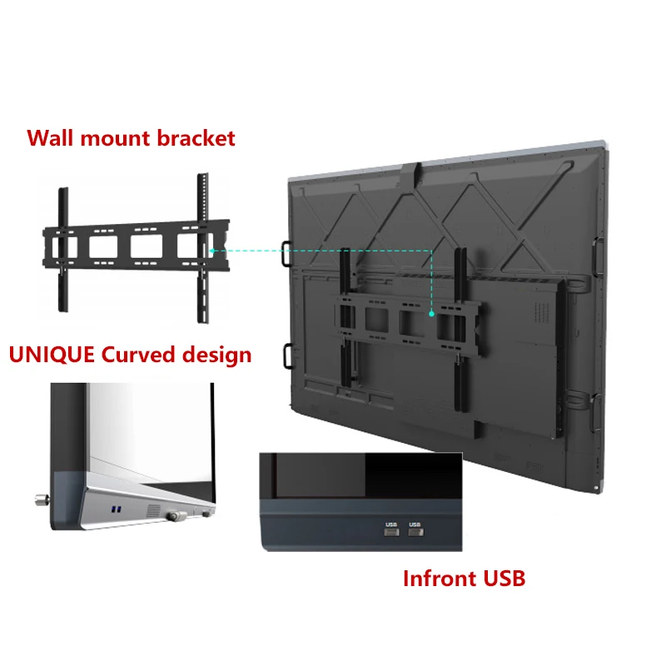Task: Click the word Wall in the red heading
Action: (52, 137)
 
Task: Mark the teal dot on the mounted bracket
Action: (432, 313)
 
